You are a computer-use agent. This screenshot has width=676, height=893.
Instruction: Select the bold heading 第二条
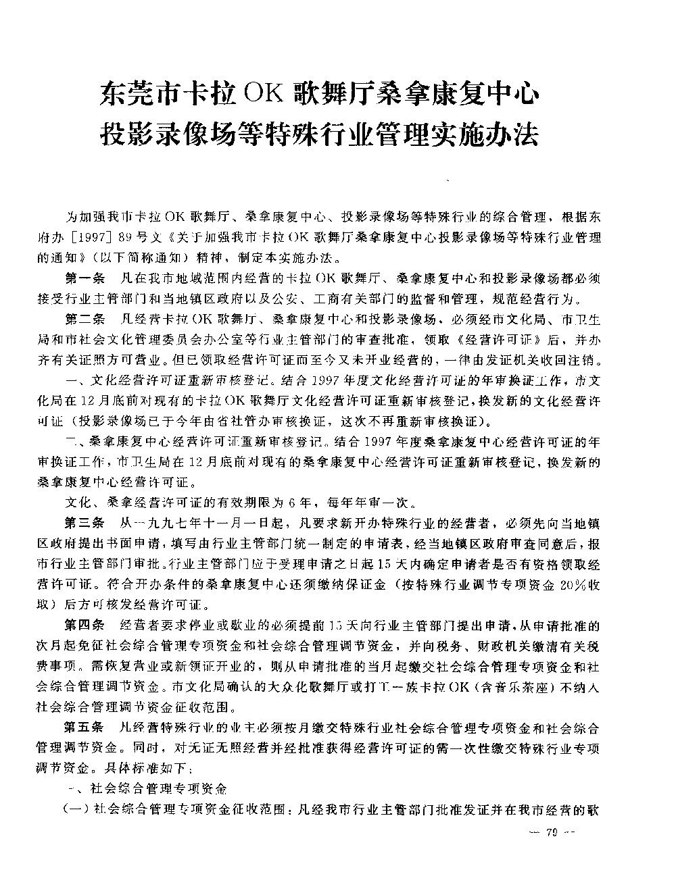click(84, 318)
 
